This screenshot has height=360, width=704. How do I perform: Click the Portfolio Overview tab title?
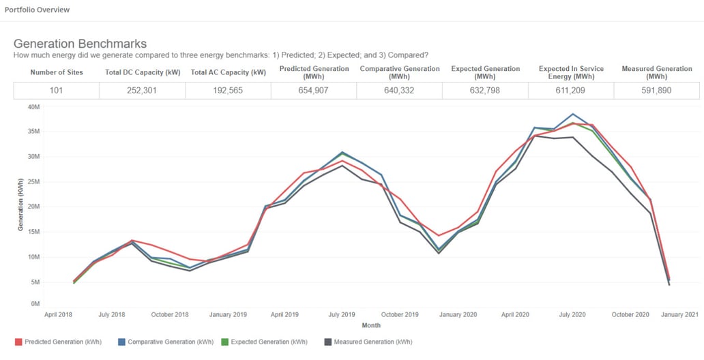coord(37,10)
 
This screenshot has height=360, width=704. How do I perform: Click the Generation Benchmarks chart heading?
coord(80,44)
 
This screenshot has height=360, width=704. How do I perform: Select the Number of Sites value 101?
coord(56,90)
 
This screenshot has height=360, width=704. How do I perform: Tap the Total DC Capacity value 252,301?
coord(142,90)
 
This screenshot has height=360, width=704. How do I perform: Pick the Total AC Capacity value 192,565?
coord(228,90)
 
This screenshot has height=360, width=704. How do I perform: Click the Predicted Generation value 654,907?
coord(314,90)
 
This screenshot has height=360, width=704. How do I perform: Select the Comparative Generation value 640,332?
coord(399,90)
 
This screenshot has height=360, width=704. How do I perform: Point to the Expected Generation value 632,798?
coord(485,90)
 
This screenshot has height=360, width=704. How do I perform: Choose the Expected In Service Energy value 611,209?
coord(571,90)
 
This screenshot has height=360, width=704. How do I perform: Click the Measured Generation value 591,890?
coord(656,90)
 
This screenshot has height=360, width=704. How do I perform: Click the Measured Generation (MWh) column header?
coord(656,72)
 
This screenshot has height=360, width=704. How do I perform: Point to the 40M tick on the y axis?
coord(34,106)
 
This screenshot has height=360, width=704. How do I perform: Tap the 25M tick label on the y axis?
coord(34,181)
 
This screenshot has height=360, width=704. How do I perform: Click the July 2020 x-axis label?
coord(572,314)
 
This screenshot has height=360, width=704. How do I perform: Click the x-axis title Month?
coord(371,325)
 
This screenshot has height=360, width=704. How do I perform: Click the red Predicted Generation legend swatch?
coord(18,342)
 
